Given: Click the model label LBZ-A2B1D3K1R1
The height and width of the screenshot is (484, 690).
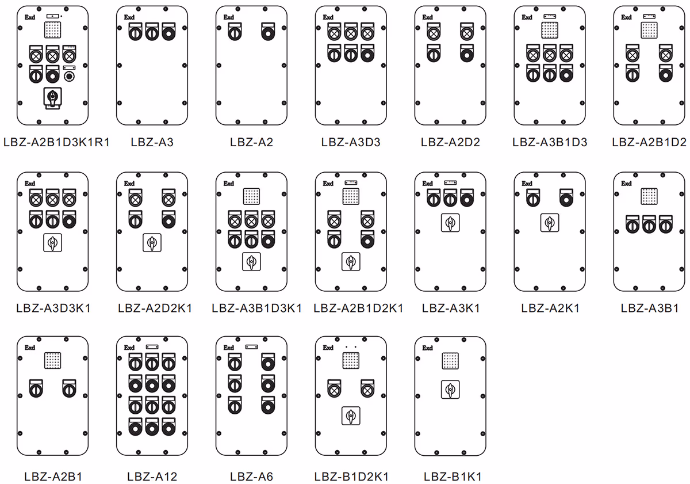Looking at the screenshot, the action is click(x=57, y=142).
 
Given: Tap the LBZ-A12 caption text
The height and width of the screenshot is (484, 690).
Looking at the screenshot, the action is click(x=152, y=477).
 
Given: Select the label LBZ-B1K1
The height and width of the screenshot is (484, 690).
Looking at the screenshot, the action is click(x=453, y=477).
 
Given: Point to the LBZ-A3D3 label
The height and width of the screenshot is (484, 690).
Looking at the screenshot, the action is click(x=351, y=142).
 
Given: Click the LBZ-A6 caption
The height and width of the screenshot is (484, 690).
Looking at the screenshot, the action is click(x=251, y=477).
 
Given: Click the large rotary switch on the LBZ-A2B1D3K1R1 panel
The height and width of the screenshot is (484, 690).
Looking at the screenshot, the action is click(x=53, y=98).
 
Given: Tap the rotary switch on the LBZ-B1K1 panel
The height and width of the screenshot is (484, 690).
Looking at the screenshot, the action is click(x=450, y=390).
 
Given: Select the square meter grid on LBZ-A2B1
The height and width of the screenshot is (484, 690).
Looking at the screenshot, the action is click(x=53, y=361).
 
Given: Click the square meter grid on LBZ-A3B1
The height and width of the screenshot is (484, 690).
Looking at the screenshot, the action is click(x=649, y=196).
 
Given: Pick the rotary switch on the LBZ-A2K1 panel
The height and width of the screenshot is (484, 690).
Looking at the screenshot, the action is click(x=550, y=223).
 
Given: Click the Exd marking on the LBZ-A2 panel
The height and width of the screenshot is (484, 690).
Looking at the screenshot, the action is click(x=229, y=17).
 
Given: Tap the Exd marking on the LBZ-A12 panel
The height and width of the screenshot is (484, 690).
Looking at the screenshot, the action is click(x=129, y=348).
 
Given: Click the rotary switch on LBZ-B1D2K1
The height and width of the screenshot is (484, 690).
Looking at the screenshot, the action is click(x=351, y=416).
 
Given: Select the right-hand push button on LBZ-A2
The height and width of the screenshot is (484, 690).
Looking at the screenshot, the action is click(x=268, y=32).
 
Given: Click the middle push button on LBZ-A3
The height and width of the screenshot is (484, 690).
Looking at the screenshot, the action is click(x=152, y=32).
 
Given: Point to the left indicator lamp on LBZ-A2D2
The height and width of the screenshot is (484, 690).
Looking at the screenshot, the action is click(x=434, y=32).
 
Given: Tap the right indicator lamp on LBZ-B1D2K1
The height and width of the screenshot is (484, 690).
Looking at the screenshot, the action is click(x=367, y=388).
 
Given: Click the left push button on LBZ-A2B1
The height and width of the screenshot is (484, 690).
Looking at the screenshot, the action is click(x=36, y=388).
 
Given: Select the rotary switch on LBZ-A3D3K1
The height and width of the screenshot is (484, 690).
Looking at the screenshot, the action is click(x=53, y=243).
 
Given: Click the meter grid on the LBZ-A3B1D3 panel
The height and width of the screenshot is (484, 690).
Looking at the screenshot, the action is click(x=550, y=30).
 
